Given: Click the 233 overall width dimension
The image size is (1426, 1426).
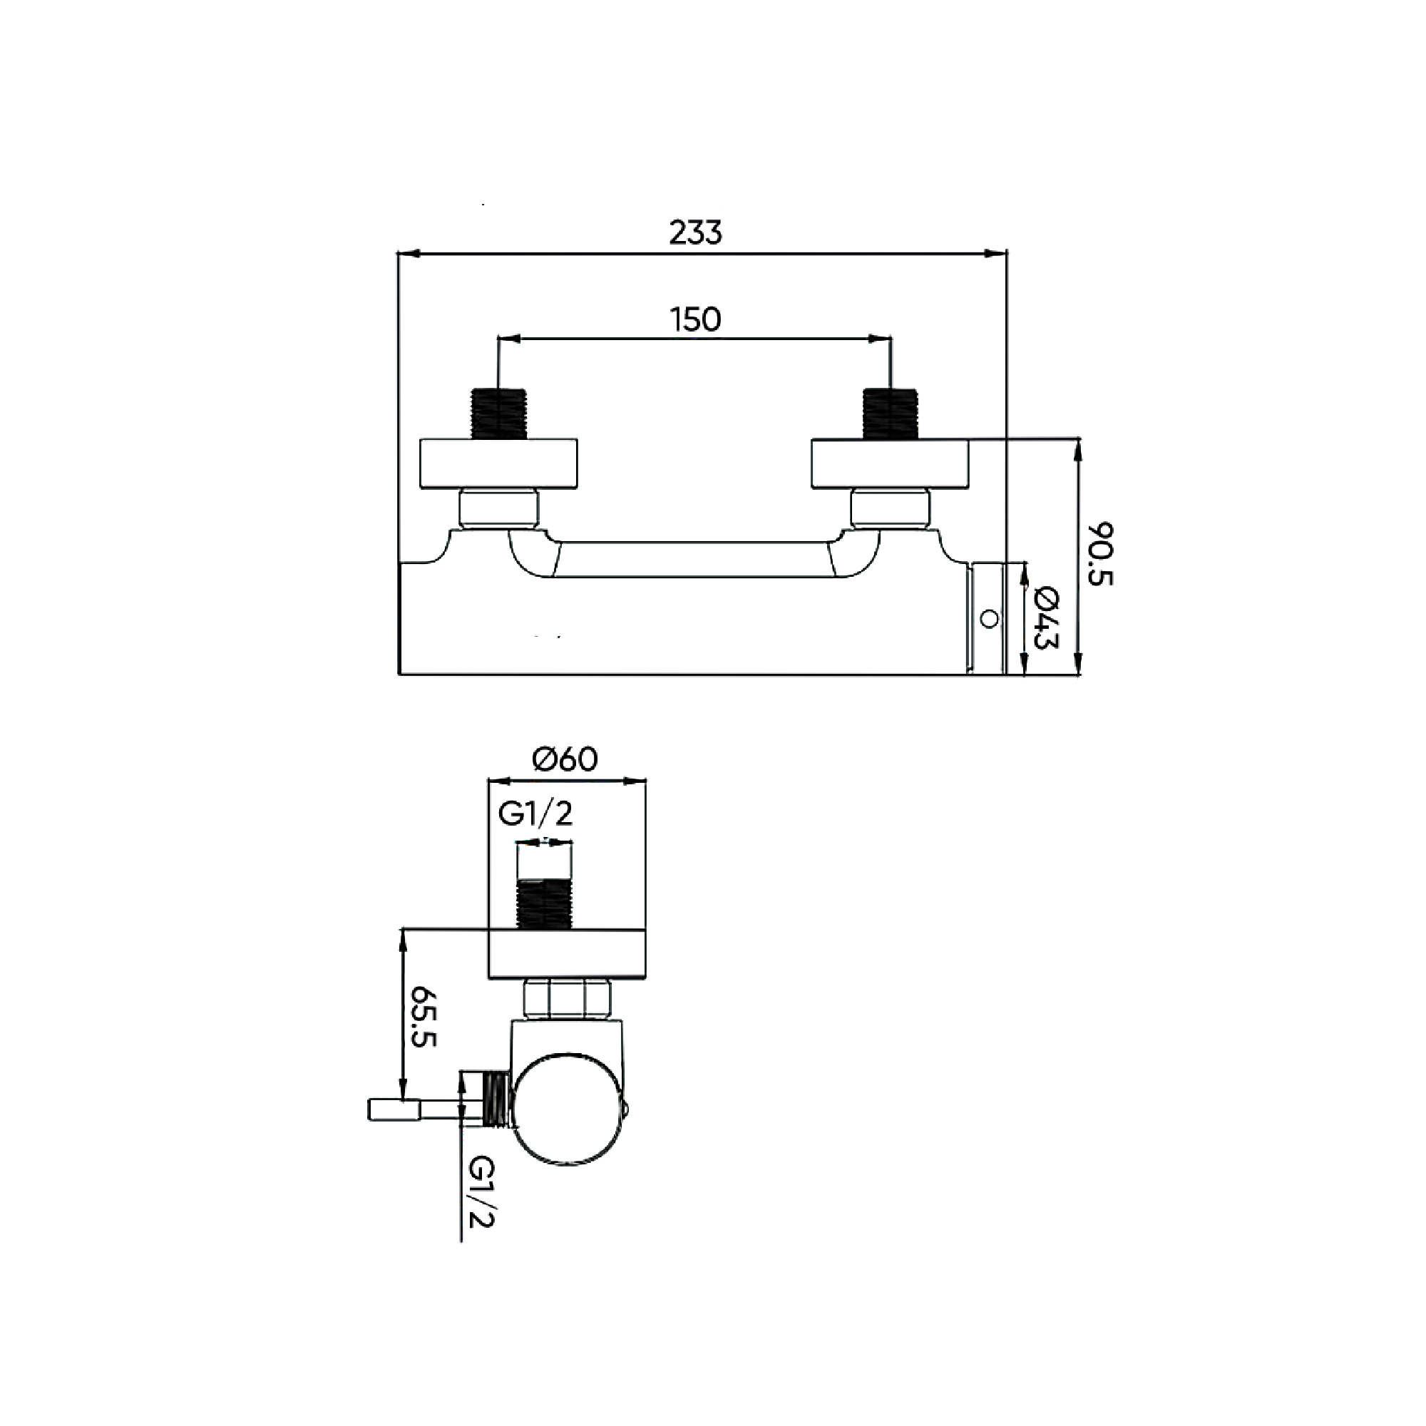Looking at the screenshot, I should click(695, 232).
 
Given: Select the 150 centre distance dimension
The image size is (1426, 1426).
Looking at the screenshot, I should click(695, 319).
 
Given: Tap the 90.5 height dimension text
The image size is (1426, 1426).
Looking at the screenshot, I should click(1099, 553).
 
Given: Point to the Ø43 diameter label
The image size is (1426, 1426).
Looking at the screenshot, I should click(1046, 617).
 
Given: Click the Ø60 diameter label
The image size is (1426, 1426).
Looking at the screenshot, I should click(565, 759).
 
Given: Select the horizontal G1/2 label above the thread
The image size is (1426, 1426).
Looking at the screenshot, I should click(535, 814).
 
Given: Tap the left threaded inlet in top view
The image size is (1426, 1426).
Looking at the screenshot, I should click(498, 414).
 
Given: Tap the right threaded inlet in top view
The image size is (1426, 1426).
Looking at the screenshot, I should click(890, 414).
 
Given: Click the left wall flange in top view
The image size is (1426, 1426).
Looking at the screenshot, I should click(498, 463).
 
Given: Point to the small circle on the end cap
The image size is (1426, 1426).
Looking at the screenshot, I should click(989, 618).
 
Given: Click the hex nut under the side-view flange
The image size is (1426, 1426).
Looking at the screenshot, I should click(567, 999).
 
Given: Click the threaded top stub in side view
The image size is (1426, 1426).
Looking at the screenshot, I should click(545, 903).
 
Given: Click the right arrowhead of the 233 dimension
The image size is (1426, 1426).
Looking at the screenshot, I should click(1000, 253).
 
